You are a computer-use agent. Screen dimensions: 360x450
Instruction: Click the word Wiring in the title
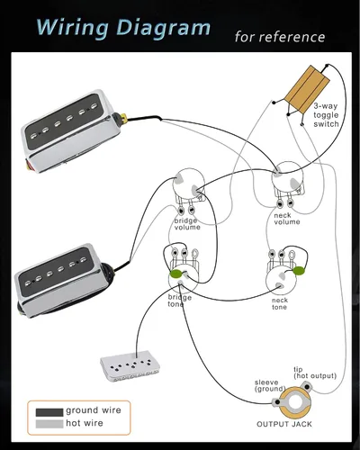73,28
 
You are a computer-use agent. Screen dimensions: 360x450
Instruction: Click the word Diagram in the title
163,28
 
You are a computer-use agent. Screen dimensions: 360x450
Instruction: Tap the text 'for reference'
280,37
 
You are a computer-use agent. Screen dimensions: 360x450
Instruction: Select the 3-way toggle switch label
326,115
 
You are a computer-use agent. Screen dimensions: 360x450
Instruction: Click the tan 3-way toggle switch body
307,89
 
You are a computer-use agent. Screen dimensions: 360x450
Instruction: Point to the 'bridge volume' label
187,224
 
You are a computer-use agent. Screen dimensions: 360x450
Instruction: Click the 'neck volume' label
287,219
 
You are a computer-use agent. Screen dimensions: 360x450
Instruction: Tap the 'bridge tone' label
179,301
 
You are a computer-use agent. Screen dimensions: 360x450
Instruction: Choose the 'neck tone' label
280,303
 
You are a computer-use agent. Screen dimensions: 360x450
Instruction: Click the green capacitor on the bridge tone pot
175,274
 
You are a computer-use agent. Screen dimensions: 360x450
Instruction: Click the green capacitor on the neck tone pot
299,271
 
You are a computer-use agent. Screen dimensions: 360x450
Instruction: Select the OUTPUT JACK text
284,424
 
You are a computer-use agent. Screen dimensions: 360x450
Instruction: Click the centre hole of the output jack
295,403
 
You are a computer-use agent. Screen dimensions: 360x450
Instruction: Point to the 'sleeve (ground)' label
270,386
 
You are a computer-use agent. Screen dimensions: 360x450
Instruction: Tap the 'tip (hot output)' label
315,373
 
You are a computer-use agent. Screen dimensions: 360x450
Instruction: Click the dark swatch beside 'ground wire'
49,412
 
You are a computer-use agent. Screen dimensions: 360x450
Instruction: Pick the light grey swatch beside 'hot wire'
49,424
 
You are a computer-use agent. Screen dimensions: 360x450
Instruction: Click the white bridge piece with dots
130,366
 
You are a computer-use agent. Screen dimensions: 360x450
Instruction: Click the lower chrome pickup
64,281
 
